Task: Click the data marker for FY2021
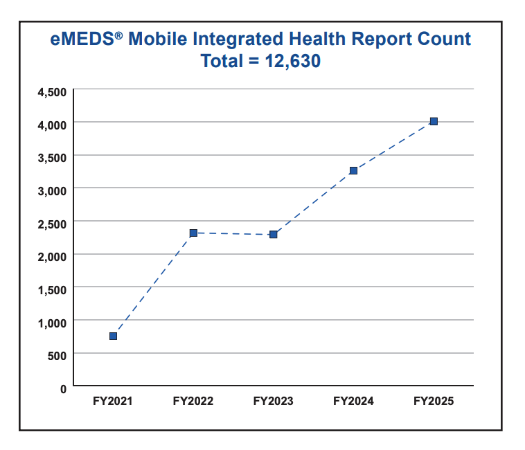113,336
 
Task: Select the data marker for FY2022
193,233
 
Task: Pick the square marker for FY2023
274,235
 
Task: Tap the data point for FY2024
353,170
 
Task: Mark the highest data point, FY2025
434,121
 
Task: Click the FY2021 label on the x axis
113,401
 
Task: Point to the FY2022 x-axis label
193,401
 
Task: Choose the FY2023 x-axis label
274,401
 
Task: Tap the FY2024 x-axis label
353,401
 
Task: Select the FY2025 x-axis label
434,401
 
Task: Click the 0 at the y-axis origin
63,388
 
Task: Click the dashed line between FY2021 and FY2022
153,285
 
